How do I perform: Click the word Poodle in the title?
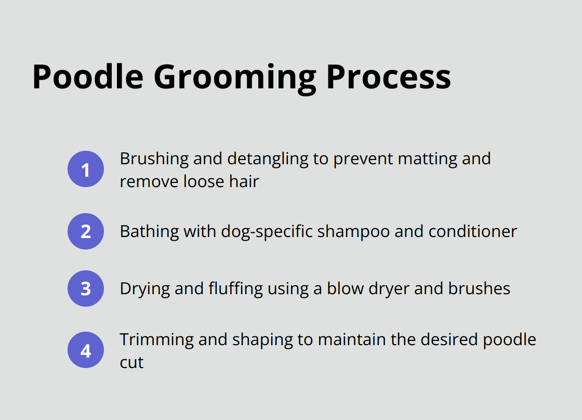87,77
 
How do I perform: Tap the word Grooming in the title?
234,78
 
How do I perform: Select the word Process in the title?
388,77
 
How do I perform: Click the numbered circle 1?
86,169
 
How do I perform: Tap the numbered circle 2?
86,231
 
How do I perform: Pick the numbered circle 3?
86,288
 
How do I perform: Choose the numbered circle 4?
86,350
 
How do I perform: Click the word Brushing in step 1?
153,159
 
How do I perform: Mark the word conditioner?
472,231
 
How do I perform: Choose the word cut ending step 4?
131,362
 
